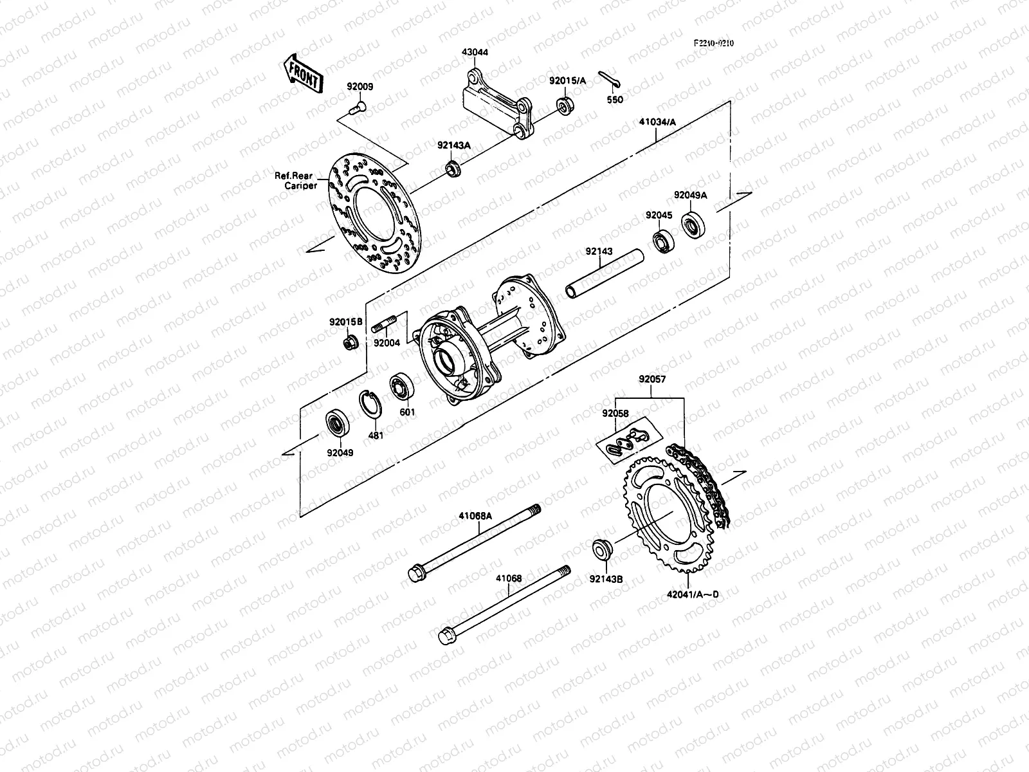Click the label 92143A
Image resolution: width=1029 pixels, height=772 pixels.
pos(454,145)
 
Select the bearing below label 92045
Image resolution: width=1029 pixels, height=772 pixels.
pos(661,242)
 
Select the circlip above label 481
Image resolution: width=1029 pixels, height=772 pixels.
pos(372,407)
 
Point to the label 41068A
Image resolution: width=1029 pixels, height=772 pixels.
pos(475,515)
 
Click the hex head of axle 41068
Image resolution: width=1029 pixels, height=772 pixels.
pos(445,636)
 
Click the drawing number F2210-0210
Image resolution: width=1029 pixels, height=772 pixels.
pos(713,43)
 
